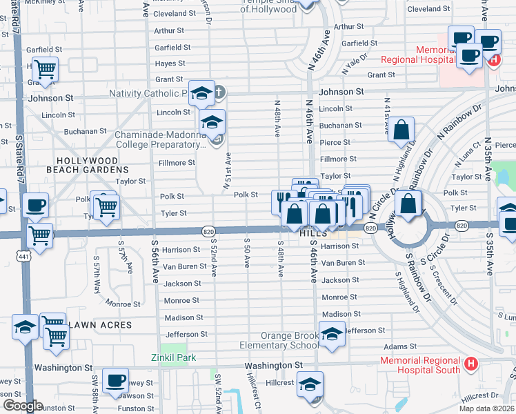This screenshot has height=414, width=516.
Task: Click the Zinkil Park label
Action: (174, 357)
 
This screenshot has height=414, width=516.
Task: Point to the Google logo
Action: (22, 406)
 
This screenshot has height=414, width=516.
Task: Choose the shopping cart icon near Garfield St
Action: (44, 69)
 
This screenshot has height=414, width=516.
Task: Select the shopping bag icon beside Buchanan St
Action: (401, 130)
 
